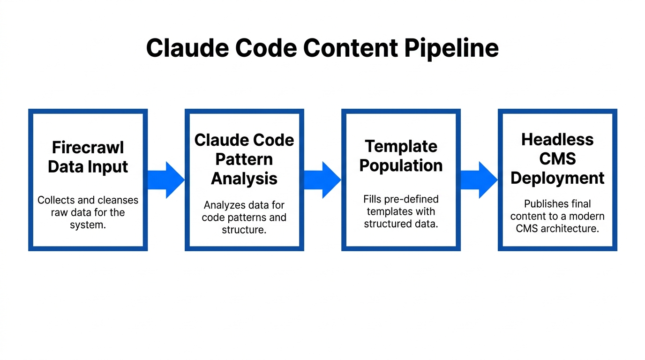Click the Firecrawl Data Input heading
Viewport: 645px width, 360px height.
pos(88,157)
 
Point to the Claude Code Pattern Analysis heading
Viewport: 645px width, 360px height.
pos(244,159)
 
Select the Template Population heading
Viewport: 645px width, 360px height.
pos(401,156)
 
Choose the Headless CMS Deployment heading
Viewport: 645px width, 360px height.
pos(557,158)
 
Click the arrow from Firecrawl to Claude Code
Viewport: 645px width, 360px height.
pos(166,180)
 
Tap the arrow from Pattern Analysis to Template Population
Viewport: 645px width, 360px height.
pos(323,180)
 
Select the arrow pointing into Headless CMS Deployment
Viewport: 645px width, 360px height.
pos(479,180)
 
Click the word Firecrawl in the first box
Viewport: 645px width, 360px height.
pos(88,147)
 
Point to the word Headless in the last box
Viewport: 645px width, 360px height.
pos(557,139)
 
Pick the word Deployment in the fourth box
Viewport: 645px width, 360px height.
pos(557,178)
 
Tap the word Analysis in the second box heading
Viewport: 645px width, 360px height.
pos(244,179)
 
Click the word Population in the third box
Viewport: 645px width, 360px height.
pos(401,165)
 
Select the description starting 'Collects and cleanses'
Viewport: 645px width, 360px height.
pos(88,212)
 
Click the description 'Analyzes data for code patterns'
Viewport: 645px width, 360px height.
pos(244,217)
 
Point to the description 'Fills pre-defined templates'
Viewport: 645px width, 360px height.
pos(401,211)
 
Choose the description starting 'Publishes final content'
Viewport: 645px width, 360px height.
pos(557,216)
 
